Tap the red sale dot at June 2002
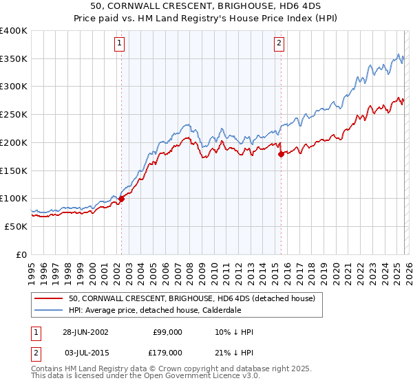121,199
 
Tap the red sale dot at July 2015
281,155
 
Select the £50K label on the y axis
16,226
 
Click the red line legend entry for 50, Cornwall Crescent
192,298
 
